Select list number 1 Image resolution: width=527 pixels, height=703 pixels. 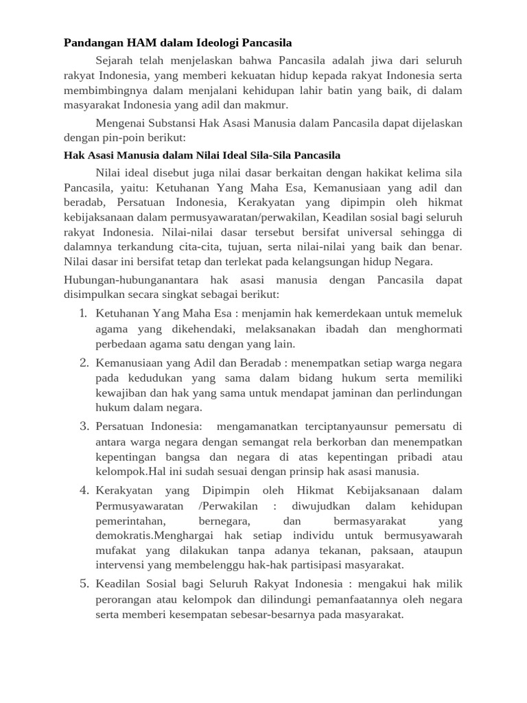pos(82,313)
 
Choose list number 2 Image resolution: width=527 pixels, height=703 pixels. pos(82,362)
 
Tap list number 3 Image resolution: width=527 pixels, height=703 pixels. pos(82,426)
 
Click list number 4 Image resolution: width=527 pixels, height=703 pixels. pos(82,490)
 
